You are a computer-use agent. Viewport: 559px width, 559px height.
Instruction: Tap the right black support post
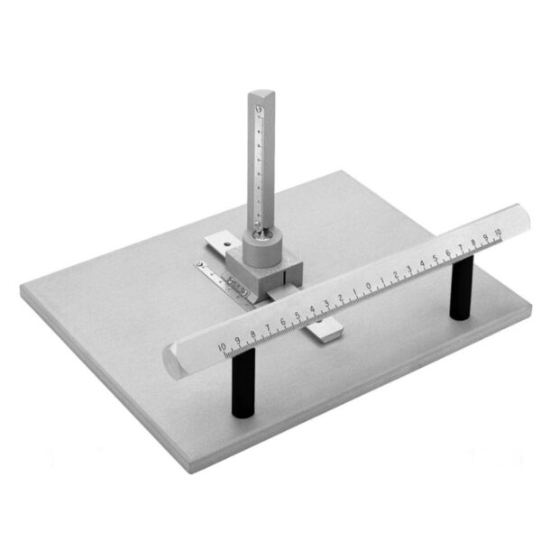461,288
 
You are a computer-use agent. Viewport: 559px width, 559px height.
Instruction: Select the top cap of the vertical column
261,96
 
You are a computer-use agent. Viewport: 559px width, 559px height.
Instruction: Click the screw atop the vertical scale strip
260,111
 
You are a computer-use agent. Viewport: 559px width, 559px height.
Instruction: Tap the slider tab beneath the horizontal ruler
325,333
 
